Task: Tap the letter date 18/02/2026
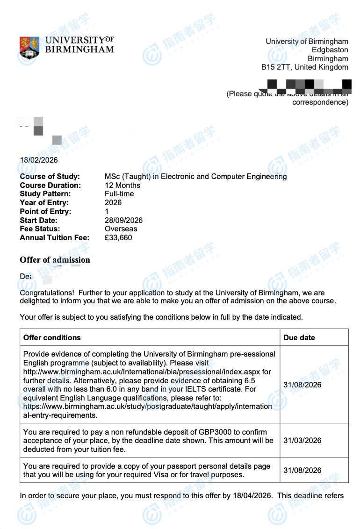39,160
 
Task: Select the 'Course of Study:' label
50,177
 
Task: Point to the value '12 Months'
122,186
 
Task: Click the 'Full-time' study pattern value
119,194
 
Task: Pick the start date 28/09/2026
123,221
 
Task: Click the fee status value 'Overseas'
121,229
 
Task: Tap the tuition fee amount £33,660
118,238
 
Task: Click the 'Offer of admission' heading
55,260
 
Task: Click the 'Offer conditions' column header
52,337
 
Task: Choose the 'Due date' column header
299,337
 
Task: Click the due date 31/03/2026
302,440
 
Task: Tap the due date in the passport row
302,470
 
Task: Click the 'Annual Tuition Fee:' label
54,238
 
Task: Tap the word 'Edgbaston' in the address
330,50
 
